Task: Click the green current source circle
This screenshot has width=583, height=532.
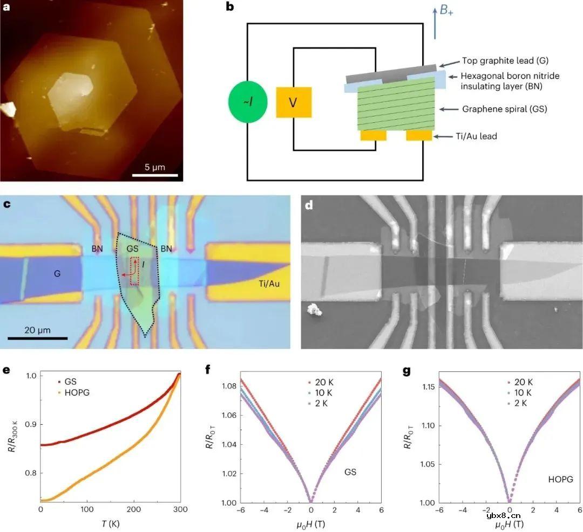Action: click(x=247, y=102)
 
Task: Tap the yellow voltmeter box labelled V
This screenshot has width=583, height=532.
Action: click(x=294, y=102)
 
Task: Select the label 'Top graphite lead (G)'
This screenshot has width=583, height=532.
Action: click(x=504, y=61)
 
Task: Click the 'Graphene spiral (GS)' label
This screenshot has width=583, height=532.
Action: click(x=504, y=109)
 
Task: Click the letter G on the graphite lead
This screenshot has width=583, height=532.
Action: click(x=56, y=273)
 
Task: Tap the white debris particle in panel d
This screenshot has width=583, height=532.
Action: click(x=313, y=309)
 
